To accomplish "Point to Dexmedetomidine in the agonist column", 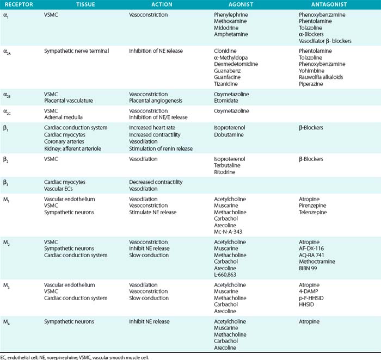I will pyautogui.click(x=236, y=65).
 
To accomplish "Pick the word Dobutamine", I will pyautogui.click(x=230, y=135).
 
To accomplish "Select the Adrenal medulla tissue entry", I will pyautogui.click(x=63, y=117).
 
